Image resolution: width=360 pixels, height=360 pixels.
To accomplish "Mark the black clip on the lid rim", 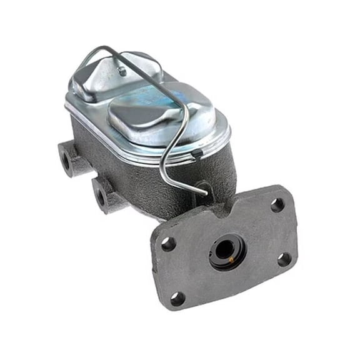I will (x=197, y=152).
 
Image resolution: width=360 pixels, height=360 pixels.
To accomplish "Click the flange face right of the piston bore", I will (x=262, y=241).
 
